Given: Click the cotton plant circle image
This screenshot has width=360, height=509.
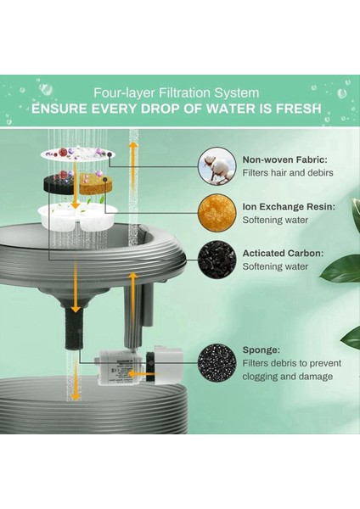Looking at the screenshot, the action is (217, 166).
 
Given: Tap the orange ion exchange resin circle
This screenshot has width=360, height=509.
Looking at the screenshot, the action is (217, 213).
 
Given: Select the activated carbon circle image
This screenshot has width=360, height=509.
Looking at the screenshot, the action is (217, 260).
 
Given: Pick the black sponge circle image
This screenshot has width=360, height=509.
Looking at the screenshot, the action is (217, 362).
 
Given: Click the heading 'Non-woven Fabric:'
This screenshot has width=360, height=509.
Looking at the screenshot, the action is (285, 159).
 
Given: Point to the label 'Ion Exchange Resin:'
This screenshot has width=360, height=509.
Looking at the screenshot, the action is (289, 207).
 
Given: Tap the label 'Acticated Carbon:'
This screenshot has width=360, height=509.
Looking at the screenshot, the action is (283, 253).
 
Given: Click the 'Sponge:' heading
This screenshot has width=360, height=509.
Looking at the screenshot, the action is (262, 350).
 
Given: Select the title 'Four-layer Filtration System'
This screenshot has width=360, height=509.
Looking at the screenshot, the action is (177, 92).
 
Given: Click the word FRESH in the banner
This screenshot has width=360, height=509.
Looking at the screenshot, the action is (299, 109).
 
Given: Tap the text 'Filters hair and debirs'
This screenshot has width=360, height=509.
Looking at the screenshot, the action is (288, 173).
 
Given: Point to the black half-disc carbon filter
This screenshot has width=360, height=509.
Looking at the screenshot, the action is (61, 184).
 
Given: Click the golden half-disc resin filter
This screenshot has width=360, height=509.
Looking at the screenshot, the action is (94, 184).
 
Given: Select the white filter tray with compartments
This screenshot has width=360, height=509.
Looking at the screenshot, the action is (77, 215).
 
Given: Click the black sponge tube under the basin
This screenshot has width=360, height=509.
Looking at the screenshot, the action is (75, 327).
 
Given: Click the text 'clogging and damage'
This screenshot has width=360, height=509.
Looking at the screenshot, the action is (288, 377).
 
